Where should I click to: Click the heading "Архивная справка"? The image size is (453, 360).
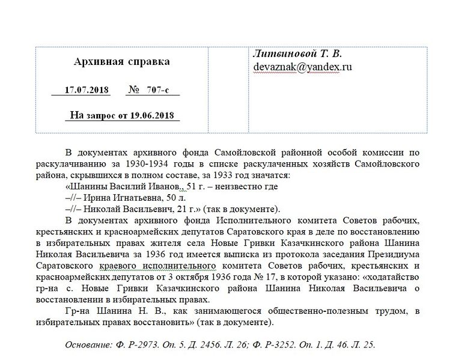121,62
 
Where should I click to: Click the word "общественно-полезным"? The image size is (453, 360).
294,311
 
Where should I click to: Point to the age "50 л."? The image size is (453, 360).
179,198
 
